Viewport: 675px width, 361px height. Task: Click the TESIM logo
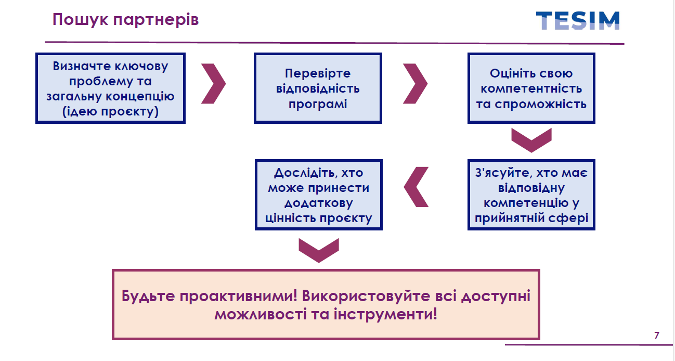pos(578,21)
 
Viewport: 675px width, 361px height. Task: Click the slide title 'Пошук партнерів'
pos(125,20)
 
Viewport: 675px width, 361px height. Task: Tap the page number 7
pos(657,335)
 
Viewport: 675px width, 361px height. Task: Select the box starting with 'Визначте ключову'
pos(110,88)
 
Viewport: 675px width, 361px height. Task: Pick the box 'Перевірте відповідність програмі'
pos(318,88)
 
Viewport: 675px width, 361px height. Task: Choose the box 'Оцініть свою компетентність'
pos(531,88)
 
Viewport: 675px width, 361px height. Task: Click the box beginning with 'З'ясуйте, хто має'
pos(531,195)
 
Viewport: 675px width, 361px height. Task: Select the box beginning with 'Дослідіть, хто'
pos(318,195)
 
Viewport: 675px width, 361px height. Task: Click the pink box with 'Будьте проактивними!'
pos(326,305)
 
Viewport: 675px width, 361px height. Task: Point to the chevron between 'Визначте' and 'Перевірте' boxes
pos(214,83)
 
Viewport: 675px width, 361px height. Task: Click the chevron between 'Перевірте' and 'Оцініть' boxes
pos(415,83)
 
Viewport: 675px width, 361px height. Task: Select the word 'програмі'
pos(318,104)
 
